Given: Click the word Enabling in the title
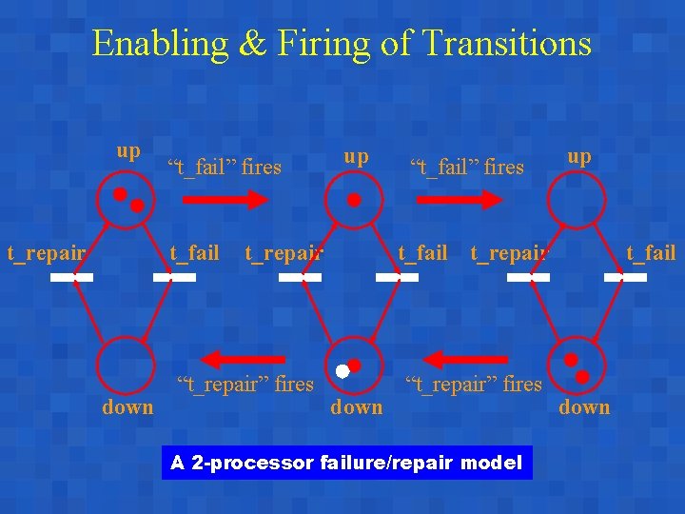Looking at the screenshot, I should tap(160, 44).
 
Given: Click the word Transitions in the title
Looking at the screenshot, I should tap(506, 44).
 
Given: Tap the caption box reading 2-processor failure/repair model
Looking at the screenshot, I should tap(347, 464).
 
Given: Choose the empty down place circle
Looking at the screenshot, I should tap(126, 364).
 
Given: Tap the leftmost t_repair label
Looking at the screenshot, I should tap(47, 253).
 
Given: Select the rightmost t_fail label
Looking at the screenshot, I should tap(650, 253).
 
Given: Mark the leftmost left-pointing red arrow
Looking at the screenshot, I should tap(245, 359).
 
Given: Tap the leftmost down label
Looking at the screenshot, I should tap(127, 407).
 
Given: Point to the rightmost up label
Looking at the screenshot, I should tap(578, 156).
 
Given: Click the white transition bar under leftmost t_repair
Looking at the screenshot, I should tap(71, 278).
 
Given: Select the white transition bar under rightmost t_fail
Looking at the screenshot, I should tap(625, 278).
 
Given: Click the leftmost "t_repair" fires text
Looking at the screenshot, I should tap(245, 385).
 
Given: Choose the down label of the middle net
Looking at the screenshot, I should tap(356, 407).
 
